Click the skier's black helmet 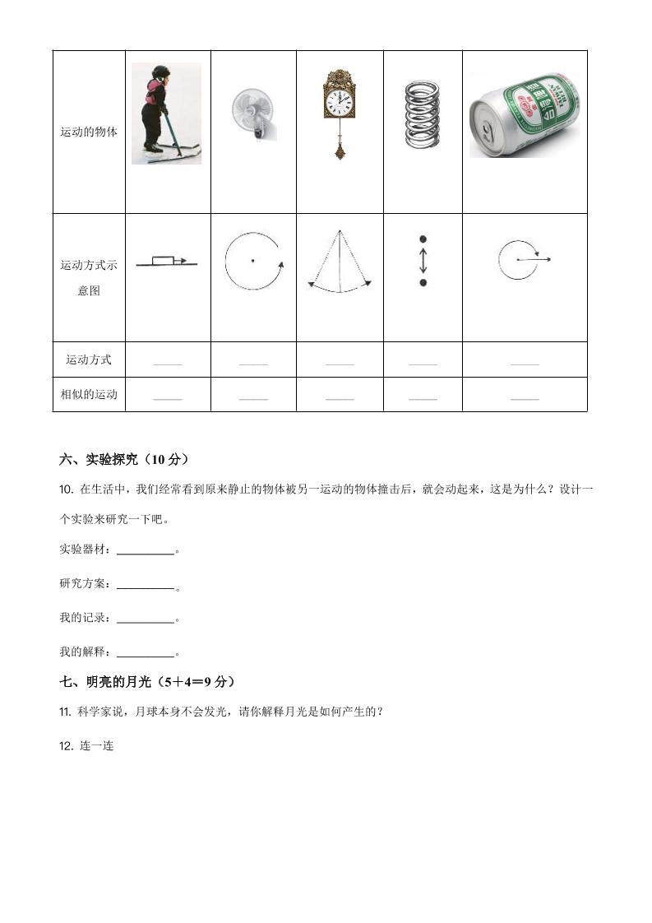point(160,72)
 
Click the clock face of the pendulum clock point(339,101)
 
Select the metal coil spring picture point(423,114)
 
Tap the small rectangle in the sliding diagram point(163,261)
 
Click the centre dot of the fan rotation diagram point(252,262)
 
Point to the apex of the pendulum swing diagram point(339,231)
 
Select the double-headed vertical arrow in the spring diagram point(423,261)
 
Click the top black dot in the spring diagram point(423,239)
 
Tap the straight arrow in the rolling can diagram point(534,260)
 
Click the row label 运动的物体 point(89,132)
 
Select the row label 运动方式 point(89,359)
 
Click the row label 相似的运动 point(89,394)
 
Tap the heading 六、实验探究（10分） point(130,459)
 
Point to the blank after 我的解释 point(146,654)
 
